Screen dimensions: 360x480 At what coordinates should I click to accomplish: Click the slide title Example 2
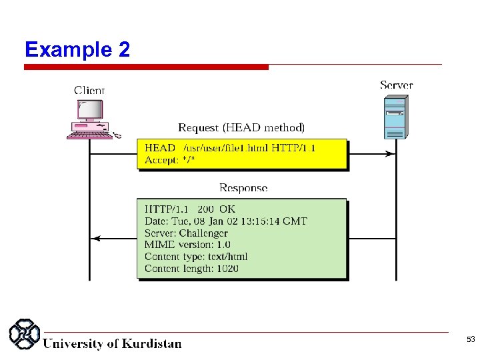[77, 49]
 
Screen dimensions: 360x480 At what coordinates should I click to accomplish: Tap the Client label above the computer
[89, 91]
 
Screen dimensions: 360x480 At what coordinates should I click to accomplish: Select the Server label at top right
[396, 85]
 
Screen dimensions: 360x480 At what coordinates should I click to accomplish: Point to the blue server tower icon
[395, 117]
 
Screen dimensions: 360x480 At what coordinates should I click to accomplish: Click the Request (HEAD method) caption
[241, 127]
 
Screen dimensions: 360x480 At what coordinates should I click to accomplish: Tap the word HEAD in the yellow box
[160, 148]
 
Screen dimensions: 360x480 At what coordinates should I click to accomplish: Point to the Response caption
[243, 188]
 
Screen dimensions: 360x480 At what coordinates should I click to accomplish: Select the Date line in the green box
[225, 221]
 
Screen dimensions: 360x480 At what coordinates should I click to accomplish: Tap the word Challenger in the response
[203, 233]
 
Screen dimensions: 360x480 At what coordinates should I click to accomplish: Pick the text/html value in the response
[228, 257]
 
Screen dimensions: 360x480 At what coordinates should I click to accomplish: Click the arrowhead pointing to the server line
[389, 154]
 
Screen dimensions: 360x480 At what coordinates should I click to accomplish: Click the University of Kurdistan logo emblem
[25, 335]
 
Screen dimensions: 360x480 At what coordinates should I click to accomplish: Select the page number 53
[471, 340]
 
